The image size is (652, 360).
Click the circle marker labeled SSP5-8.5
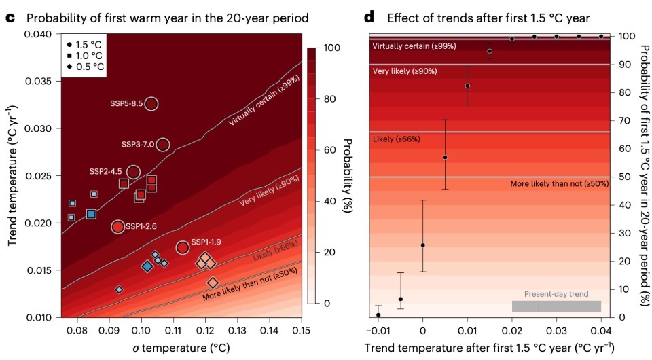151,103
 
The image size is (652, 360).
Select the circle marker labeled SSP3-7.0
162,144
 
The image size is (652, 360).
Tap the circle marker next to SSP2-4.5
133,172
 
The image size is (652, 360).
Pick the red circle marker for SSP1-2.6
117,226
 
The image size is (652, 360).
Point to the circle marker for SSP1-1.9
182,247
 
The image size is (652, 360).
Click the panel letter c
10,16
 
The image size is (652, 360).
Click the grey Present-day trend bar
556,306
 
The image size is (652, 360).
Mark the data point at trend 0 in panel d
423,245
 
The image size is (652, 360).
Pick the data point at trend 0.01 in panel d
467,86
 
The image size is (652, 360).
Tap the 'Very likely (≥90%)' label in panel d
404,71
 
